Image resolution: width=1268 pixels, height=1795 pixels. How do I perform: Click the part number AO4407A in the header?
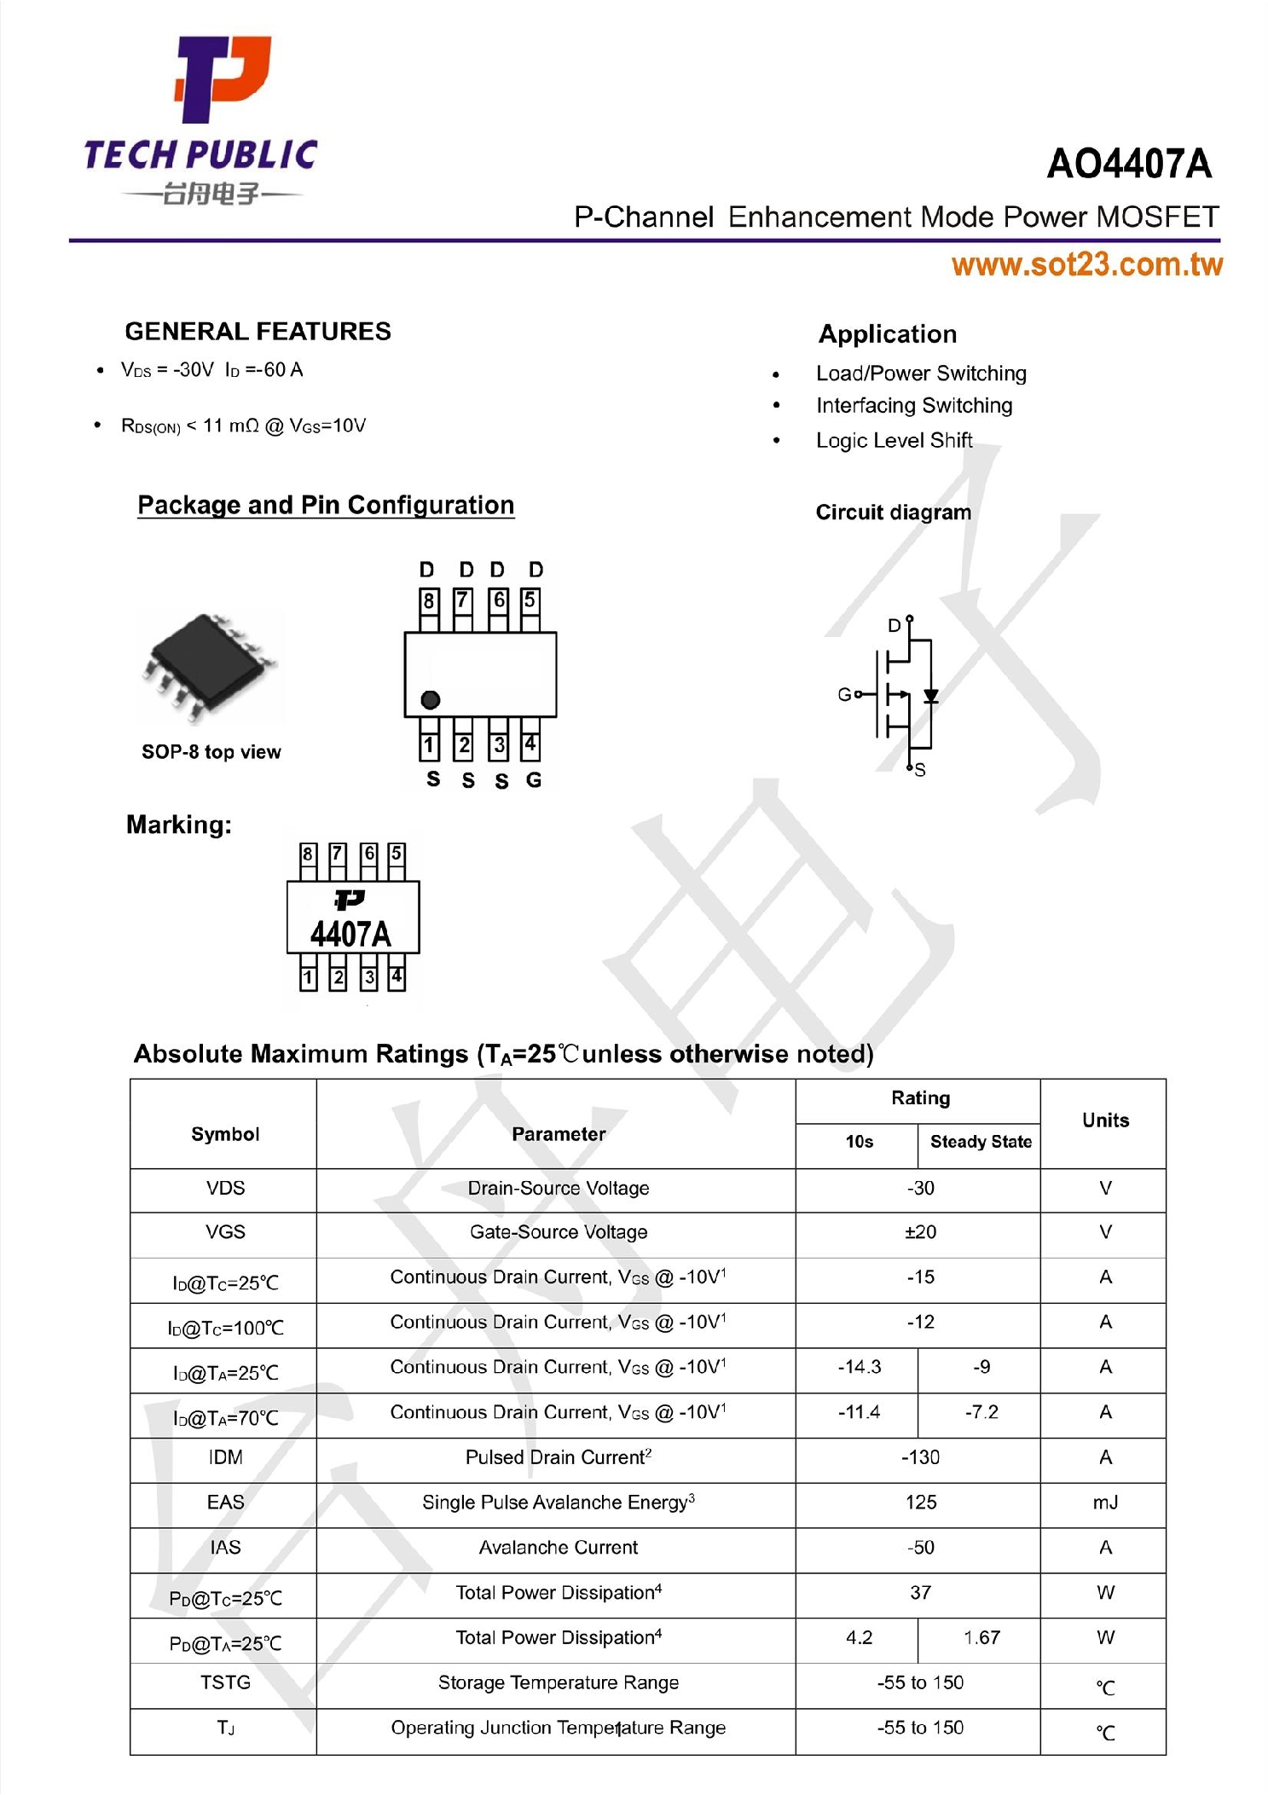click(1128, 164)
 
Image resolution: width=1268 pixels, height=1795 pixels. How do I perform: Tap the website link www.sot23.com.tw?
click(1086, 264)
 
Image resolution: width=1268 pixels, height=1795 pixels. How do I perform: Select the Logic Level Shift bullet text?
click(893, 440)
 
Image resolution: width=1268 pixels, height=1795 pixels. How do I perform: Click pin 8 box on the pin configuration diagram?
click(429, 601)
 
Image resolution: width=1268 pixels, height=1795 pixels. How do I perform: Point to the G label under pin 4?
click(533, 779)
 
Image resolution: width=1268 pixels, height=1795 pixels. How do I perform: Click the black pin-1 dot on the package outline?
click(430, 699)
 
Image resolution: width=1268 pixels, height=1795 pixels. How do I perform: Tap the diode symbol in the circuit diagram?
click(930, 696)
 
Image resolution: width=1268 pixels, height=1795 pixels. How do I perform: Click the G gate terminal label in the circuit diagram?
click(843, 694)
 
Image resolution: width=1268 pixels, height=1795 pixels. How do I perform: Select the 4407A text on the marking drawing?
click(350, 935)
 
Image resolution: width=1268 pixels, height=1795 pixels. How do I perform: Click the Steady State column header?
click(980, 1142)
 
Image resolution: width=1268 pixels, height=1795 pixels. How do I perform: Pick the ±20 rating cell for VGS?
click(919, 1232)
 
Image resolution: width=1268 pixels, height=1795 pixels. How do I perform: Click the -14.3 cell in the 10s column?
click(858, 1367)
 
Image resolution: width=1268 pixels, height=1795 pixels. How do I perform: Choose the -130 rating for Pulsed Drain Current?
click(919, 1457)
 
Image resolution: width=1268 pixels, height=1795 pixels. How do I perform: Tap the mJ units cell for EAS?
click(1104, 1503)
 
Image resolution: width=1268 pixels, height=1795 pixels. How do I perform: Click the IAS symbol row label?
click(225, 1547)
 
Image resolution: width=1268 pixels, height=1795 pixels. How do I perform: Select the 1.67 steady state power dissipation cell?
click(981, 1637)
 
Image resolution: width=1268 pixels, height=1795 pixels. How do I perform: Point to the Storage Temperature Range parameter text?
click(558, 1682)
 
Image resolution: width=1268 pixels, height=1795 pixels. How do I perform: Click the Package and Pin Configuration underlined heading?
click(326, 505)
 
